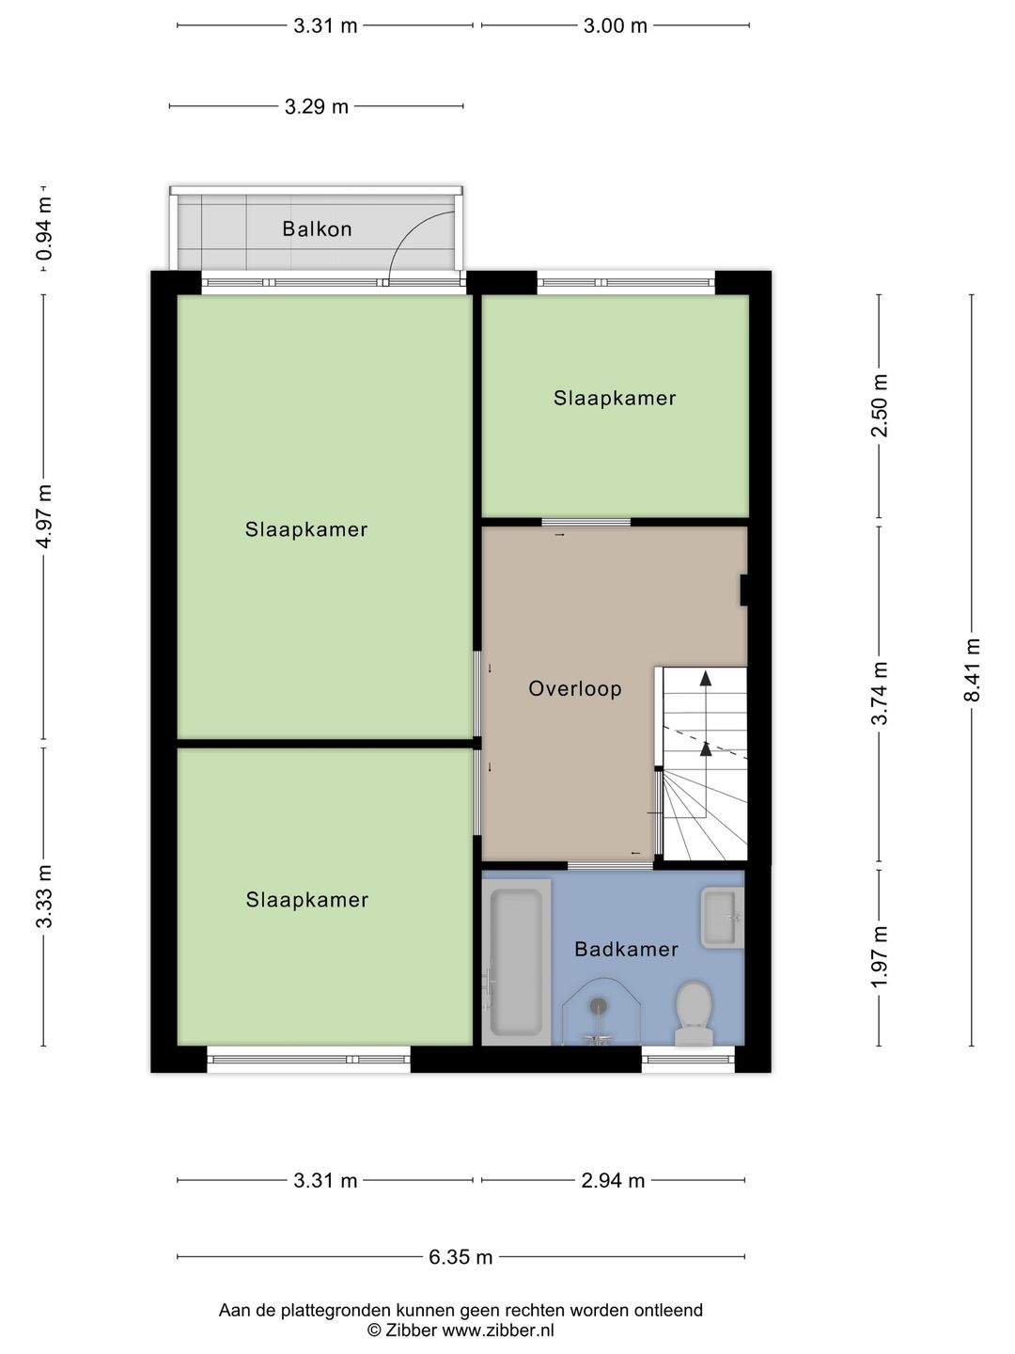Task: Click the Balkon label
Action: tap(317, 228)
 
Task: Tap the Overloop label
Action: tap(574, 688)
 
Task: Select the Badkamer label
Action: tap(626, 949)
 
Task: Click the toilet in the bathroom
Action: tap(695, 1013)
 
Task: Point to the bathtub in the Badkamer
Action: tap(516, 961)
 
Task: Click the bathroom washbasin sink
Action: tap(722, 917)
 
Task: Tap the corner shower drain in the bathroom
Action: tap(598, 1006)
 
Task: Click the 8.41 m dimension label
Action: tap(973, 669)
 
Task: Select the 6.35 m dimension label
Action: tap(461, 1257)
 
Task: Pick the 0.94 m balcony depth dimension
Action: tap(44, 228)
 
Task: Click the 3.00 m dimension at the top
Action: tap(615, 26)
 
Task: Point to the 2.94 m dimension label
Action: tap(613, 1181)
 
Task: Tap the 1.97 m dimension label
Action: tap(880, 956)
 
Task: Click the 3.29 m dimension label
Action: tap(316, 107)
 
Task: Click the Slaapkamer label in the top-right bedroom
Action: tap(615, 398)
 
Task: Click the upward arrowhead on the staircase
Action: tap(706, 677)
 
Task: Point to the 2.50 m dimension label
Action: tap(880, 405)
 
